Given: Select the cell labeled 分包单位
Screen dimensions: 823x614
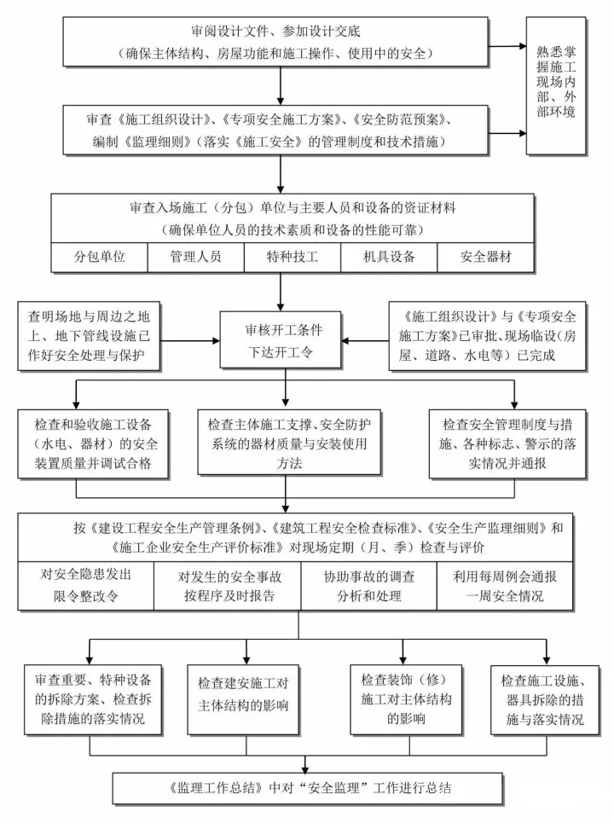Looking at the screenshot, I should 100,256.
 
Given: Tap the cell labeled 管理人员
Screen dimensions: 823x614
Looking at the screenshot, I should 195,256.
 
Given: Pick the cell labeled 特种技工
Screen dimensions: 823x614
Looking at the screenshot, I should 292,256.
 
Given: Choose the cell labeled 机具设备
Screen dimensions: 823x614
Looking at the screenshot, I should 388,256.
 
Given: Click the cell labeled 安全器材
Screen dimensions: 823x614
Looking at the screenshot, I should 486,256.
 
